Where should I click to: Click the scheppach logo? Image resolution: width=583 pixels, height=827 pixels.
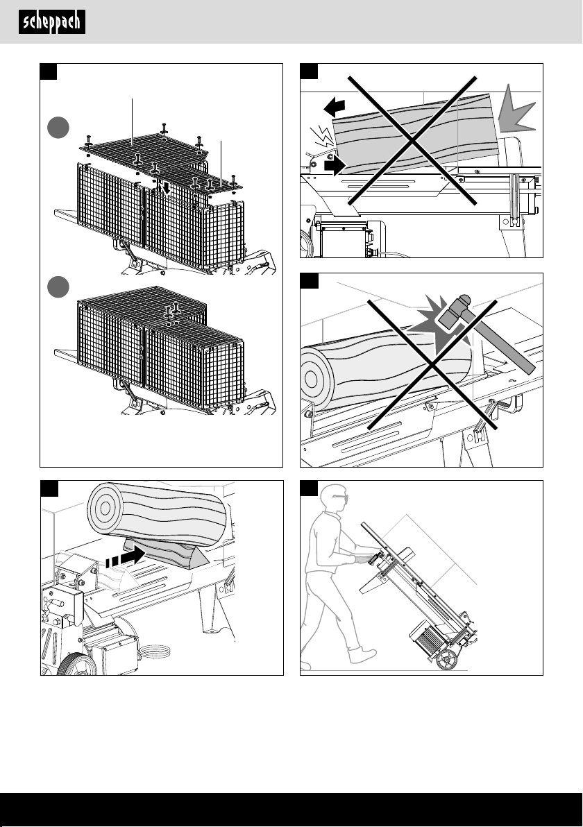51,22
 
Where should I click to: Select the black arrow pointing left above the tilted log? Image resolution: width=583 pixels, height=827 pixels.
334,107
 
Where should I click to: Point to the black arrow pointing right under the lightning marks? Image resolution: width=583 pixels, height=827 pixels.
335,165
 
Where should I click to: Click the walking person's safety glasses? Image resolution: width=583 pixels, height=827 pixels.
339,499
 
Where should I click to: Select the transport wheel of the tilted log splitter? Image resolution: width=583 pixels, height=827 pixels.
446,659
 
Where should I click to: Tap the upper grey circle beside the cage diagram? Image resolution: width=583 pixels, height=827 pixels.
58,128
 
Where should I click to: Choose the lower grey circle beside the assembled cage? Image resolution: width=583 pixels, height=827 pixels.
58,287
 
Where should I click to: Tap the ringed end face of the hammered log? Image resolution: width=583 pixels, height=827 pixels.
315,378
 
